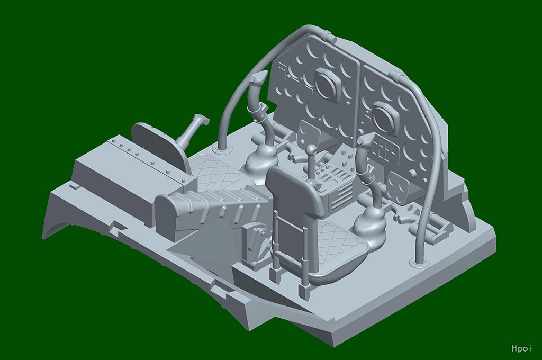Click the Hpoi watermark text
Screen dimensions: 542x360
[521, 348]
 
